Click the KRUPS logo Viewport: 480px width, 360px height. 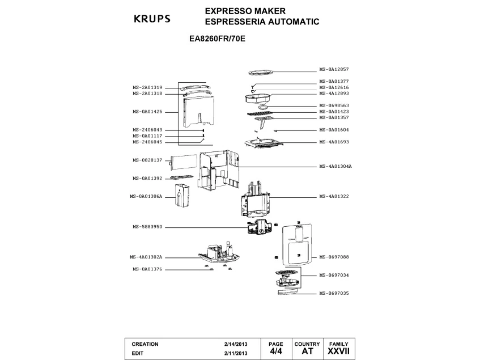click(x=151, y=18)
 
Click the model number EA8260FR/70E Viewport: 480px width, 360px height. click(x=217, y=40)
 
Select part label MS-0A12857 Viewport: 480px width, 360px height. click(x=334, y=69)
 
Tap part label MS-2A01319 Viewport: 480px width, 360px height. click(x=148, y=87)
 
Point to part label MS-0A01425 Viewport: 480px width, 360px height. click(x=148, y=112)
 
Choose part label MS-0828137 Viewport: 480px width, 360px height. click(x=148, y=160)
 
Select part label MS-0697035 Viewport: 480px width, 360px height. click(x=334, y=294)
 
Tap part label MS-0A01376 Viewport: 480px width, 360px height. click(x=148, y=269)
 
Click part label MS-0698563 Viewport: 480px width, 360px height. click(x=334, y=105)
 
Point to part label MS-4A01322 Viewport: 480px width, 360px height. click(x=334, y=196)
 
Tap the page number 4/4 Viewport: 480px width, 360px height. click(x=275, y=351)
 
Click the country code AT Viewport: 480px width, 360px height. click(x=307, y=351)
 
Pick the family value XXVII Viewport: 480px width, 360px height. click(x=338, y=351)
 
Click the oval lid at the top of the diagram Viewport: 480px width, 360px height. click(x=261, y=73)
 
